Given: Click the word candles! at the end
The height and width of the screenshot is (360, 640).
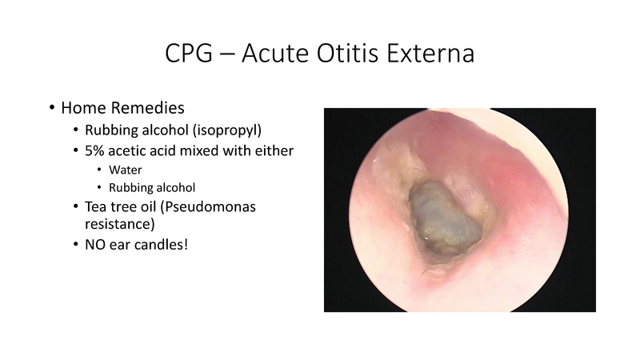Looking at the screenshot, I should pyautogui.click(x=163, y=244).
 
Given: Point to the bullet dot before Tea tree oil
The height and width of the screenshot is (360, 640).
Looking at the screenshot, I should pyautogui.click(x=75, y=207).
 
